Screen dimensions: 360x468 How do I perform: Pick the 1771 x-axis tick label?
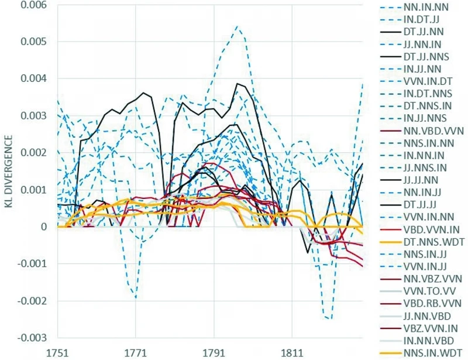coord(135,354)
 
